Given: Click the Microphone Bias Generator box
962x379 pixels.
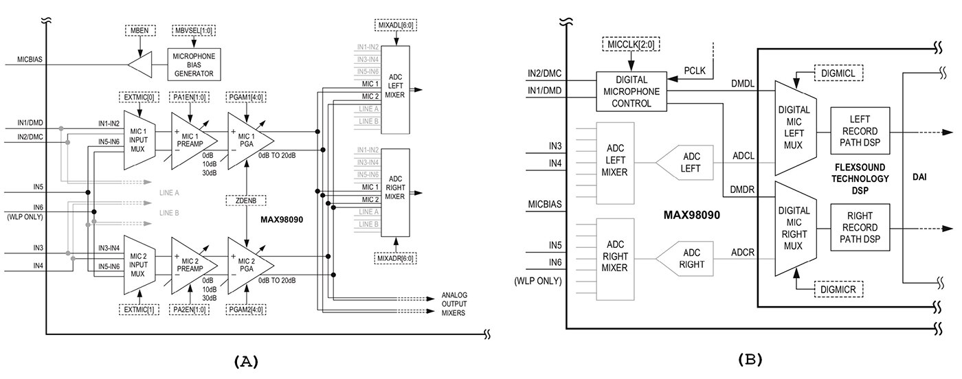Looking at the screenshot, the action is point(194,65).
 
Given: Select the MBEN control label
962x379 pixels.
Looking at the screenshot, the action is point(140,30).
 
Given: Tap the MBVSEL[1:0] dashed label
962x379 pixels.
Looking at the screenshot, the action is point(194,30).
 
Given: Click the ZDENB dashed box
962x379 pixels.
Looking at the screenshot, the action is point(246,200).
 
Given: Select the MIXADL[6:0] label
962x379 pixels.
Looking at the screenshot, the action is point(396,25).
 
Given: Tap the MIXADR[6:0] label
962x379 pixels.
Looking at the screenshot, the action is point(396,258).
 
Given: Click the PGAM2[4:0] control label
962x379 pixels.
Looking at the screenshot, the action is point(246,310).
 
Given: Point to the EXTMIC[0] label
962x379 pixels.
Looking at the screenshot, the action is point(139,97).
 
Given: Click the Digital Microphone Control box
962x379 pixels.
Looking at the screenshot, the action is point(631,91).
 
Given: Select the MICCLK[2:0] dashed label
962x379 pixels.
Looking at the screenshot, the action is point(631,45).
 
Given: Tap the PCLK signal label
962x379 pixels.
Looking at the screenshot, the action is point(695,71).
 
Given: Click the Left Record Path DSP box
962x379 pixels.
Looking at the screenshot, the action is point(860,131).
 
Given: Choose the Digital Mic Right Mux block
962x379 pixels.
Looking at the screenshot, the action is point(795,229).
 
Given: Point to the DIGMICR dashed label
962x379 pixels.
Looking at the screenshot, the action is point(838,289).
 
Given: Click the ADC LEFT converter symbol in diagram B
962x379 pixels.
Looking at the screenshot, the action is point(684,163).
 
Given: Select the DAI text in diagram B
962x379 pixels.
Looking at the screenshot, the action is point(919,177).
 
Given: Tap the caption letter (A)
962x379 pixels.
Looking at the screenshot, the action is point(246,361).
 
